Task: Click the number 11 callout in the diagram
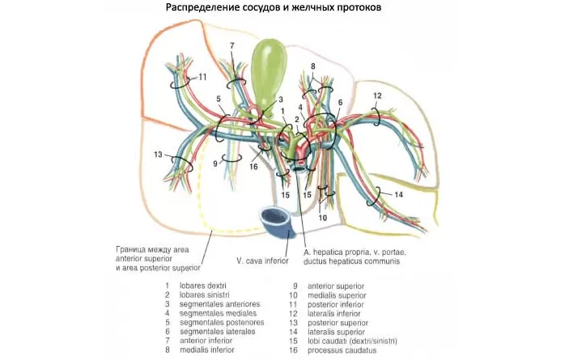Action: tap(202, 77)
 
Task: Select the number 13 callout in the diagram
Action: tap(157, 154)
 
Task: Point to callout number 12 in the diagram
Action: tap(376, 95)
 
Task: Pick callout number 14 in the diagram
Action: tap(398, 194)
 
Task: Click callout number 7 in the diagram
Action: tap(232, 45)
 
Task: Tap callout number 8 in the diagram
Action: tap(312, 66)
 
